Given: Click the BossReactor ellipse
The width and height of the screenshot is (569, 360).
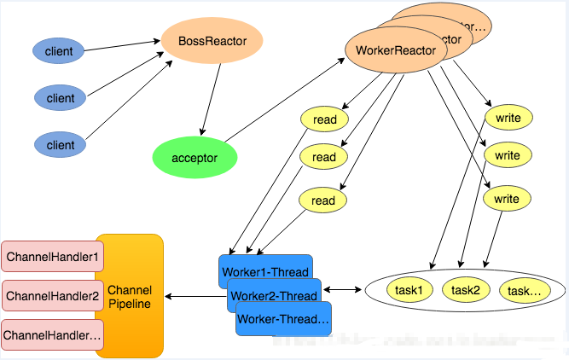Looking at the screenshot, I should [x=211, y=40].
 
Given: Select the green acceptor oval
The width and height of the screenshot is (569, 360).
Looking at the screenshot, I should [x=195, y=158].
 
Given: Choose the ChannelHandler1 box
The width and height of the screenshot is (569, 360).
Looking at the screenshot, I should [x=52, y=256].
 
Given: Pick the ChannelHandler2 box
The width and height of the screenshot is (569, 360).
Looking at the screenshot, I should [x=52, y=296].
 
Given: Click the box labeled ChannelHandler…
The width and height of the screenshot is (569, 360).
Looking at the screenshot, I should [x=52, y=335].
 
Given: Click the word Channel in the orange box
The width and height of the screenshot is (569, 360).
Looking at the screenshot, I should [x=130, y=289].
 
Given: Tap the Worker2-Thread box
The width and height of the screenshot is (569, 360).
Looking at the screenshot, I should [x=275, y=297].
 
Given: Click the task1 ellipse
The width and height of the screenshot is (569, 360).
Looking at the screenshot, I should [x=409, y=290].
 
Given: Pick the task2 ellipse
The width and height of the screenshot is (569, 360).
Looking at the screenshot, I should [x=466, y=290].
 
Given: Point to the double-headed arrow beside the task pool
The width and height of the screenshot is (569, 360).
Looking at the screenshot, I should [x=342, y=290].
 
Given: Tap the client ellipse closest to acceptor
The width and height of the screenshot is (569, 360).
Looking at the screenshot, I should [x=61, y=145].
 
